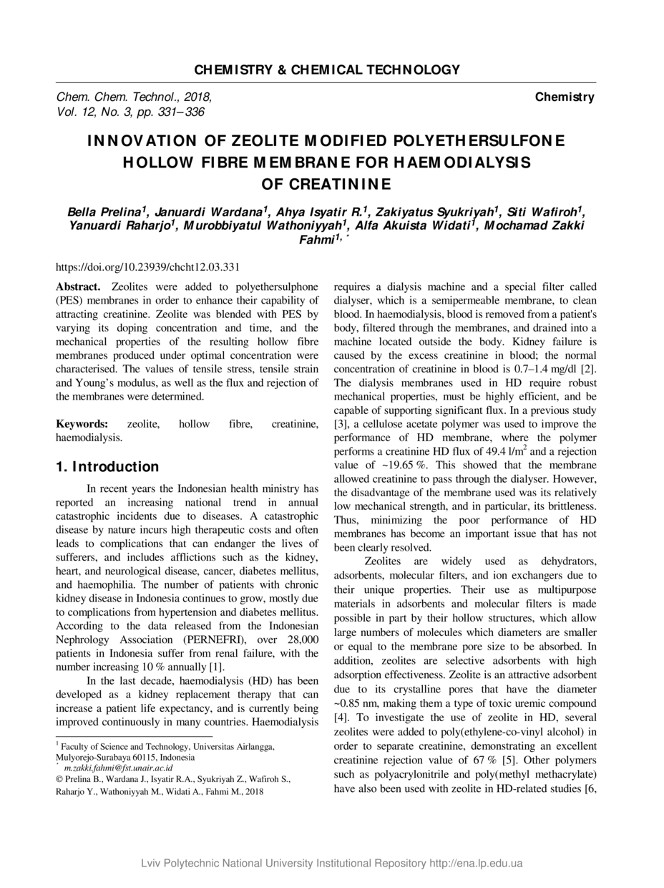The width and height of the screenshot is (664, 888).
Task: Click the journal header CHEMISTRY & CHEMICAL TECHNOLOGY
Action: (327, 69)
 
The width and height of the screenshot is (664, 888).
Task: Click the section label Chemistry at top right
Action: (565, 97)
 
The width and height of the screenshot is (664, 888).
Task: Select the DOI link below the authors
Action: (147, 267)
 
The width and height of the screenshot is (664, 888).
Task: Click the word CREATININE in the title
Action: (327, 184)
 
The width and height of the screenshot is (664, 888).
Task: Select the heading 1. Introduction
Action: (107, 467)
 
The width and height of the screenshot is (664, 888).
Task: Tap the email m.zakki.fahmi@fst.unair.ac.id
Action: (119, 767)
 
